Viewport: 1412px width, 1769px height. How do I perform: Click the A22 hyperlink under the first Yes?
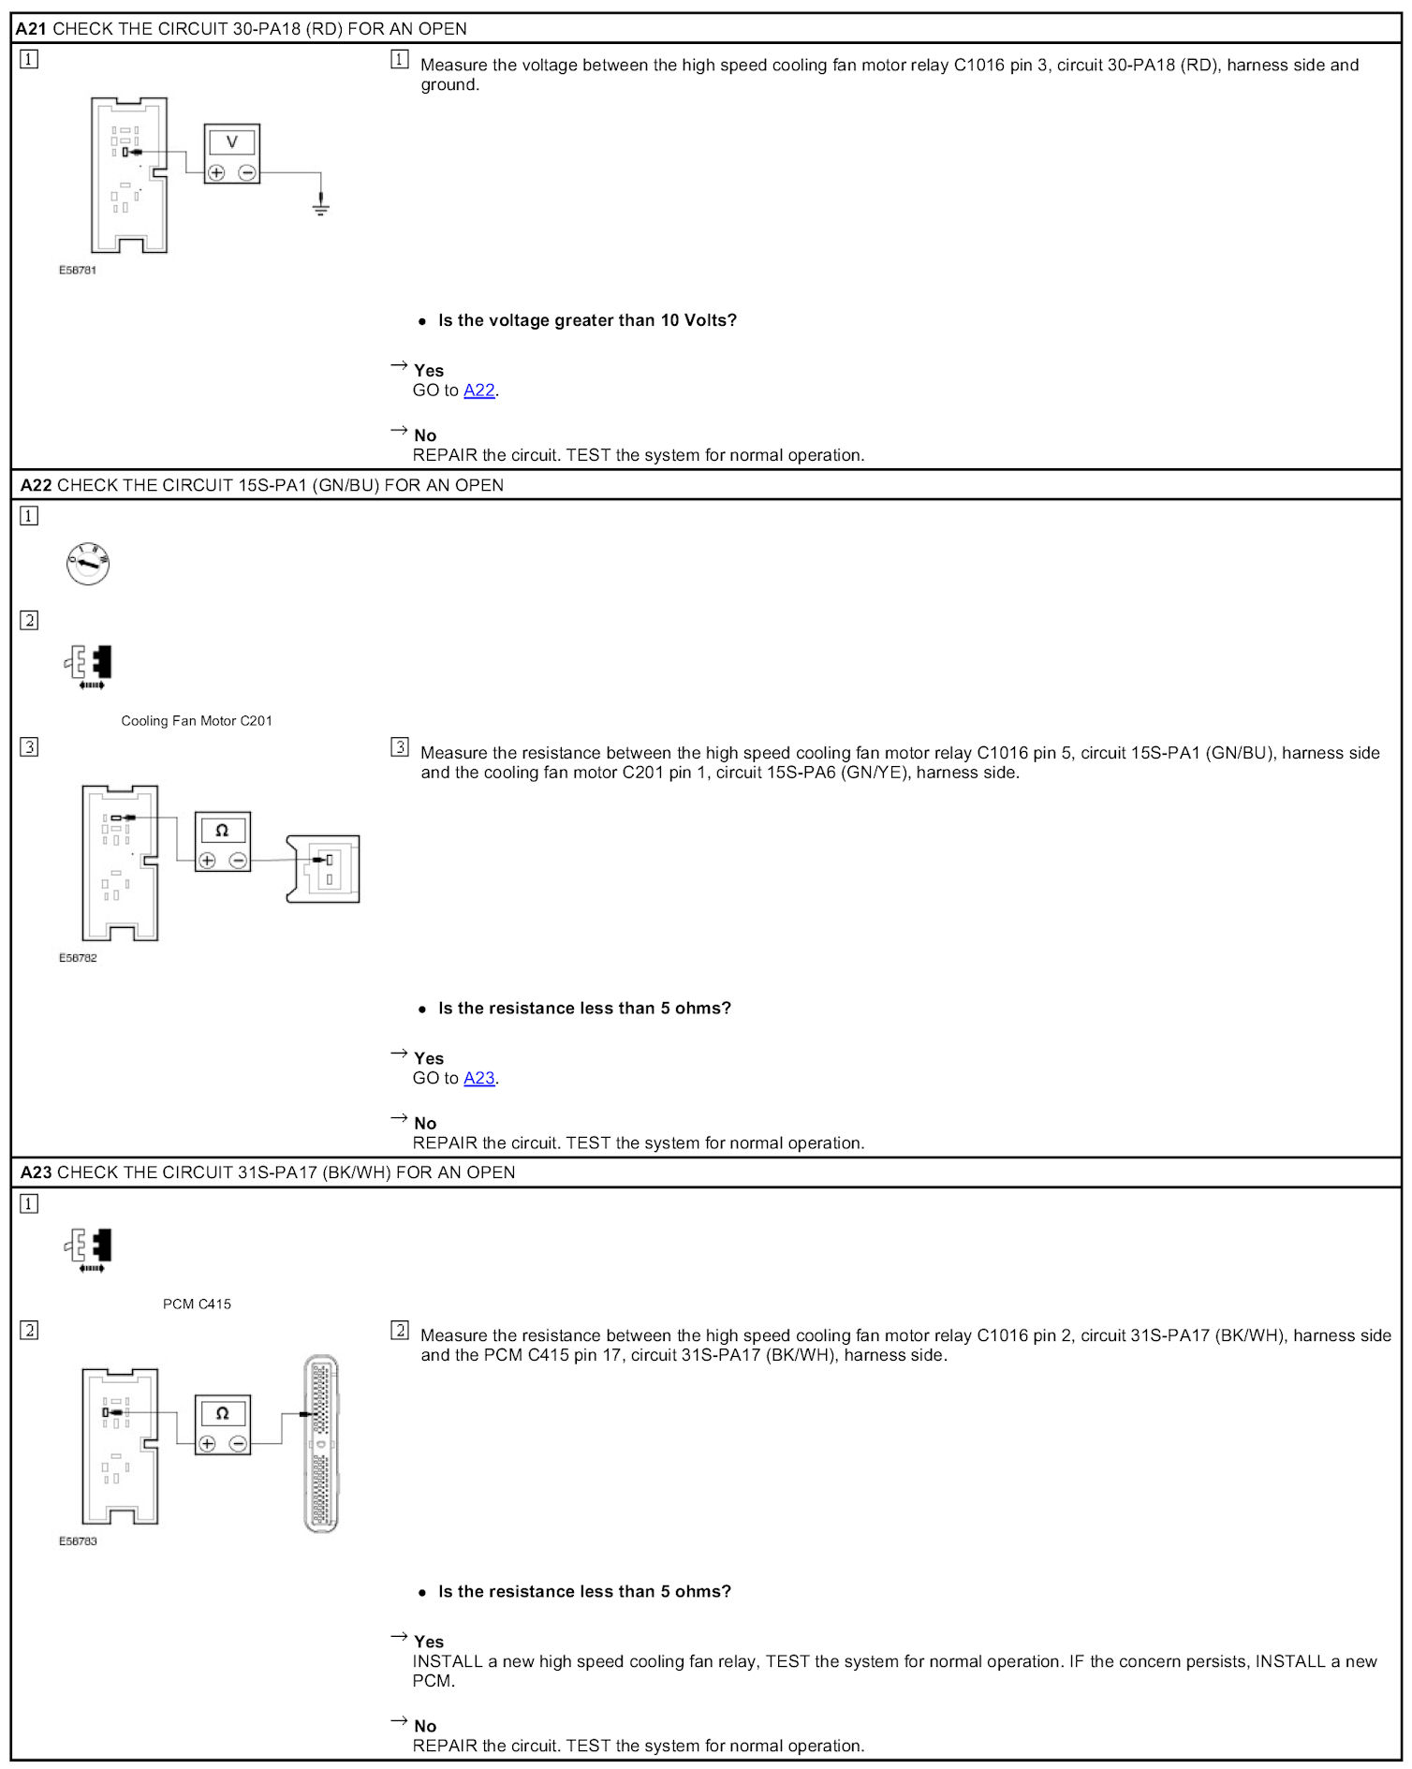[478, 391]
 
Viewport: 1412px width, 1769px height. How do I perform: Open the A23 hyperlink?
[478, 1078]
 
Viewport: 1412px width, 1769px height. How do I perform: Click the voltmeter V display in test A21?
[232, 142]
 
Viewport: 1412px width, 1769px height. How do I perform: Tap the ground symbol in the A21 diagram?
[321, 205]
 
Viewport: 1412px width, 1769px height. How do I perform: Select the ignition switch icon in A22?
[88, 564]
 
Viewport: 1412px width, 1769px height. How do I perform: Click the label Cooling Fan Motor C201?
[197, 721]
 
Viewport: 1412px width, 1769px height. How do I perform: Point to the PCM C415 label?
[197, 1304]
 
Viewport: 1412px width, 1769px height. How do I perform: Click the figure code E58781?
[78, 271]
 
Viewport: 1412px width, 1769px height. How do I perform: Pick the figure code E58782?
[78, 958]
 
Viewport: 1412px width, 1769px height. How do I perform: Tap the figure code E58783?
[78, 1541]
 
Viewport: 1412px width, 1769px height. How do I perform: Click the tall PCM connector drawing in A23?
[321, 1442]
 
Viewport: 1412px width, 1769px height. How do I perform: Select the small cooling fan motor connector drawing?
[324, 869]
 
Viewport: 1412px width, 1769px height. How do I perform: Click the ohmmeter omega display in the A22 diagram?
[222, 831]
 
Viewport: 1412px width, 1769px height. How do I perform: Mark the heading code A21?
[31, 29]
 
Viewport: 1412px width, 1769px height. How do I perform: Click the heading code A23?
[37, 1172]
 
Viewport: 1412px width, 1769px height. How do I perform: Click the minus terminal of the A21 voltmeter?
[247, 172]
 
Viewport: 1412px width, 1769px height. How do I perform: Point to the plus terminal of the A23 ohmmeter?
[208, 1444]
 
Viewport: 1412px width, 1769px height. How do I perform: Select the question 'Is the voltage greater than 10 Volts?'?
[587, 320]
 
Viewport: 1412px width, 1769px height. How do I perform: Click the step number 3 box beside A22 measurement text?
[400, 747]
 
